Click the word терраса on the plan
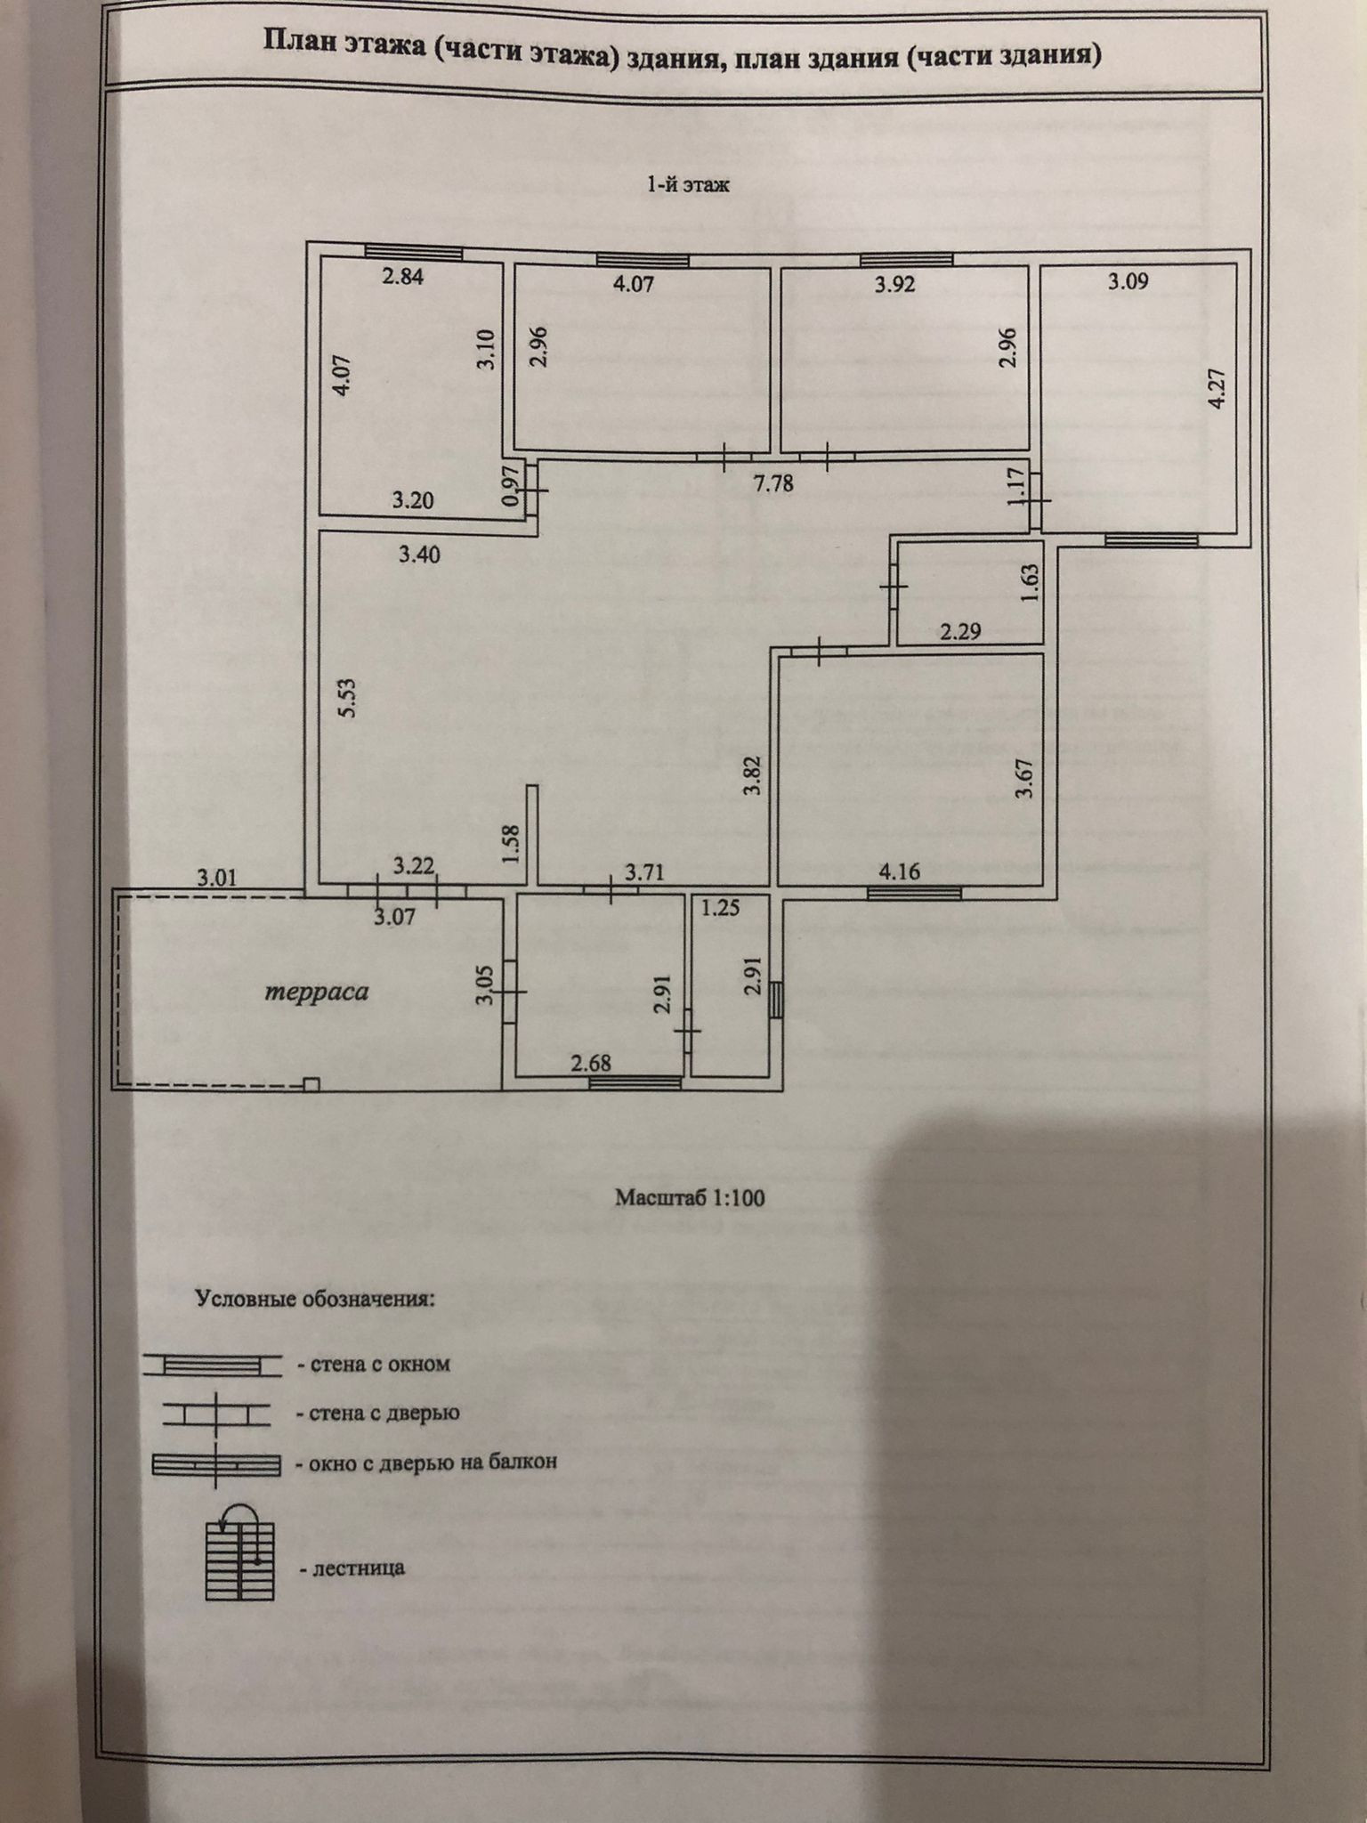pos(317,993)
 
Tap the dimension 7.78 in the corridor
pos(772,483)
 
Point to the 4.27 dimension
pos(1217,388)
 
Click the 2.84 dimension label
pos(402,276)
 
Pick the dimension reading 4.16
pos(899,871)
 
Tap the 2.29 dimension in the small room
pos(960,632)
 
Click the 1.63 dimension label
pos(1030,583)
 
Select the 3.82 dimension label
pos(754,775)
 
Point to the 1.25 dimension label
pos(720,909)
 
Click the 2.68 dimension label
pos(592,1063)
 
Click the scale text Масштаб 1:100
pos(690,1197)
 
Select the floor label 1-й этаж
pos(688,185)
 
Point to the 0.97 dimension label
pos(510,488)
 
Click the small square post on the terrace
pos(311,1083)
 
